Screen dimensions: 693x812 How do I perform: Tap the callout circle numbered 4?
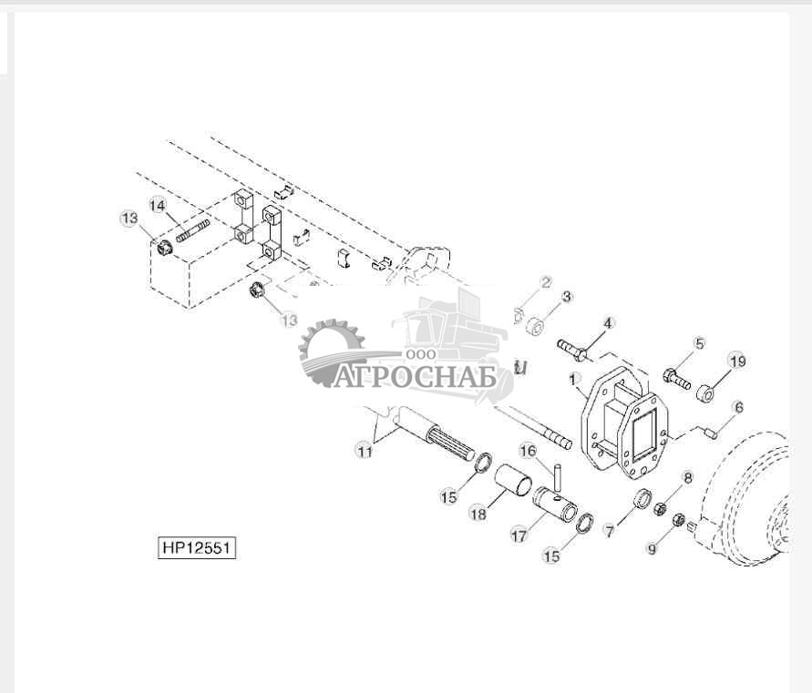(607, 323)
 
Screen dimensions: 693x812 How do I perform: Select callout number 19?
(737, 362)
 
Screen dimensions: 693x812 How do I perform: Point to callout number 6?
(739, 407)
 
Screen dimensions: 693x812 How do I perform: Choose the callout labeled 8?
(687, 477)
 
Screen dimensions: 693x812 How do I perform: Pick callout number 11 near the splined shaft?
(365, 451)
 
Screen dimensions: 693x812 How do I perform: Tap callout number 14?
(158, 207)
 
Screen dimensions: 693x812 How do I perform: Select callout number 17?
(519, 535)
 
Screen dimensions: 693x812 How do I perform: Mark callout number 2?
(546, 282)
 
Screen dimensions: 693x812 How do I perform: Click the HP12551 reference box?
(196, 547)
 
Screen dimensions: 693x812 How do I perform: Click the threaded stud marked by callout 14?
(192, 231)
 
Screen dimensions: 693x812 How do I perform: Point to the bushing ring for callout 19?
(706, 393)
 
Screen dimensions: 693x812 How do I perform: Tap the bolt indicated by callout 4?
(571, 349)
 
